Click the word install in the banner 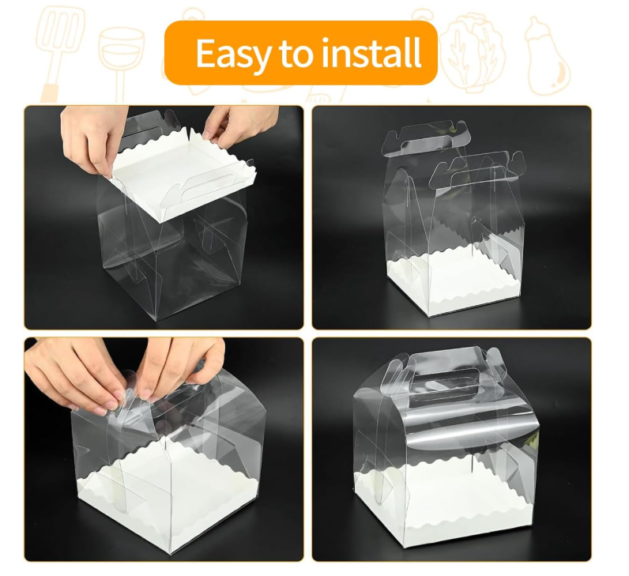pyautogui.click(x=371, y=53)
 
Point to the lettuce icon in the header pyautogui.click(x=473, y=52)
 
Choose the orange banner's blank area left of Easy pyautogui.click(x=180, y=53)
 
